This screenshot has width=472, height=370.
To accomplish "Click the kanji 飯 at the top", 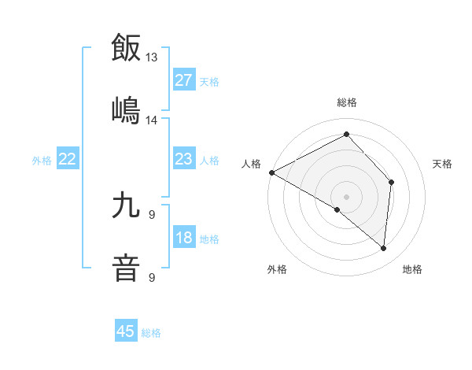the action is click(x=126, y=47).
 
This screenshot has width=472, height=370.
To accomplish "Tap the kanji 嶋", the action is click(x=126, y=109).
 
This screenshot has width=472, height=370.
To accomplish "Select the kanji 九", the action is click(x=126, y=205).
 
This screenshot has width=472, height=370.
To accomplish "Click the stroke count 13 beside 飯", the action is click(x=152, y=57).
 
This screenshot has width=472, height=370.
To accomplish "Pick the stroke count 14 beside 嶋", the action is click(x=152, y=120).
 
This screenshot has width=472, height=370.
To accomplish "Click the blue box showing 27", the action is click(x=183, y=80).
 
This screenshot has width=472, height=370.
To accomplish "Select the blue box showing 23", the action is click(x=183, y=160).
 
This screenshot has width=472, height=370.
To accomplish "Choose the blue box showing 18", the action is click(x=183, y=239).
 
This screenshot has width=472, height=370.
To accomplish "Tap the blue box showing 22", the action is click(x=68, y=160).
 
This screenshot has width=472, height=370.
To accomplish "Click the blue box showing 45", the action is click(x=126, y=331).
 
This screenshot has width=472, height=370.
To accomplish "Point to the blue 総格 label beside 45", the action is click(x=151, y=333).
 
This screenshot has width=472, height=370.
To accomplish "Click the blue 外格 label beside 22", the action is click(x=42, y=161).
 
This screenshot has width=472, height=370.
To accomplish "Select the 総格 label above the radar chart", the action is click(x=347, y=102).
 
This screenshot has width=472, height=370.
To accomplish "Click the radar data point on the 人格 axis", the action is click(x=271, y=172).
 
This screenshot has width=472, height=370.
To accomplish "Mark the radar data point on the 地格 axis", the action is click(x=383, y=248).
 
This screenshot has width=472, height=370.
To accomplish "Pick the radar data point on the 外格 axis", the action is click(x=337, y=209).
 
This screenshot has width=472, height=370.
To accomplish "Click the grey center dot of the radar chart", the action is click(x=346, y=196).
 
